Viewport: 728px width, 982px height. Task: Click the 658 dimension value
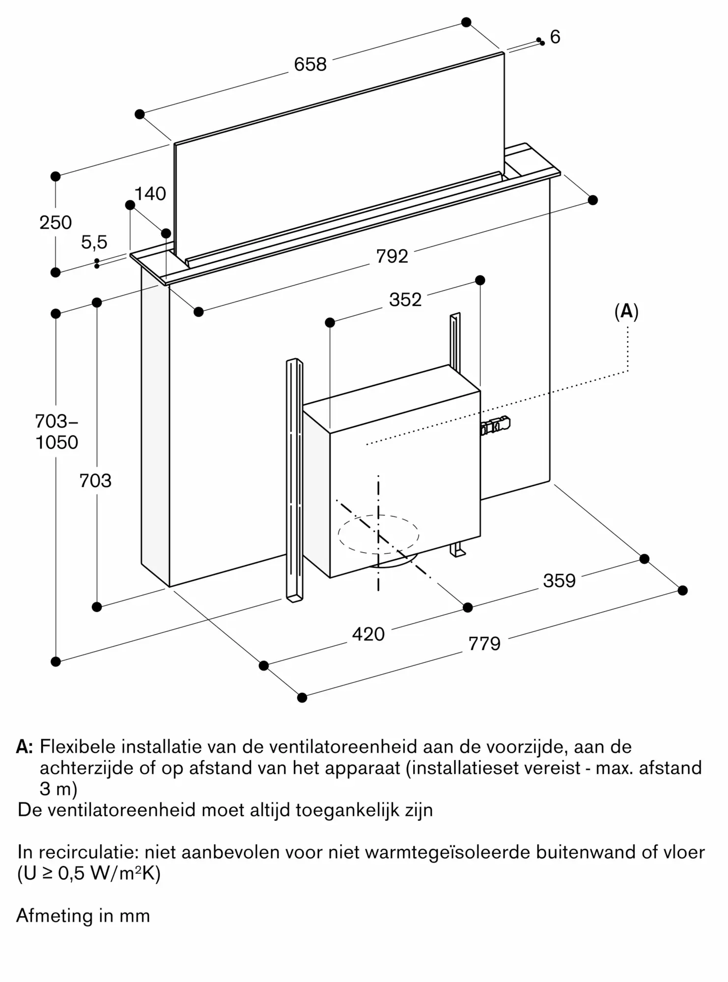tap(310, 64)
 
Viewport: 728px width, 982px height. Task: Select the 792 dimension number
tap(392, 256)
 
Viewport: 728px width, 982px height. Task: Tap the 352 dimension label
tap(405, 300)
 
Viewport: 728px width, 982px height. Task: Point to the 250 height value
tap(56, 223)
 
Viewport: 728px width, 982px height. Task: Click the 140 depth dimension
tap(150, 194)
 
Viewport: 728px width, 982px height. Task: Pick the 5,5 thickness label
tap(94, 242)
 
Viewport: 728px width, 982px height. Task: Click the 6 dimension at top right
tap(555, 37)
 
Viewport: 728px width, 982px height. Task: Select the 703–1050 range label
tap(56, 432)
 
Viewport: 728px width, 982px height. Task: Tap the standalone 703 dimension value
tap(95, 481)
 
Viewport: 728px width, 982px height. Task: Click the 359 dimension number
tap(559, 581)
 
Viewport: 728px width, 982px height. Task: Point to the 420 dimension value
tap(368, 634)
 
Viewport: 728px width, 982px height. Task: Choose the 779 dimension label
tap(484, 644)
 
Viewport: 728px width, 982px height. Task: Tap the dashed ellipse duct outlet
tap(378, 535)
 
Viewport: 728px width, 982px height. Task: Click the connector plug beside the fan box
tap(496, 425)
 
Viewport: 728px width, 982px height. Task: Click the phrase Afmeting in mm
tap(83, 916)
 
